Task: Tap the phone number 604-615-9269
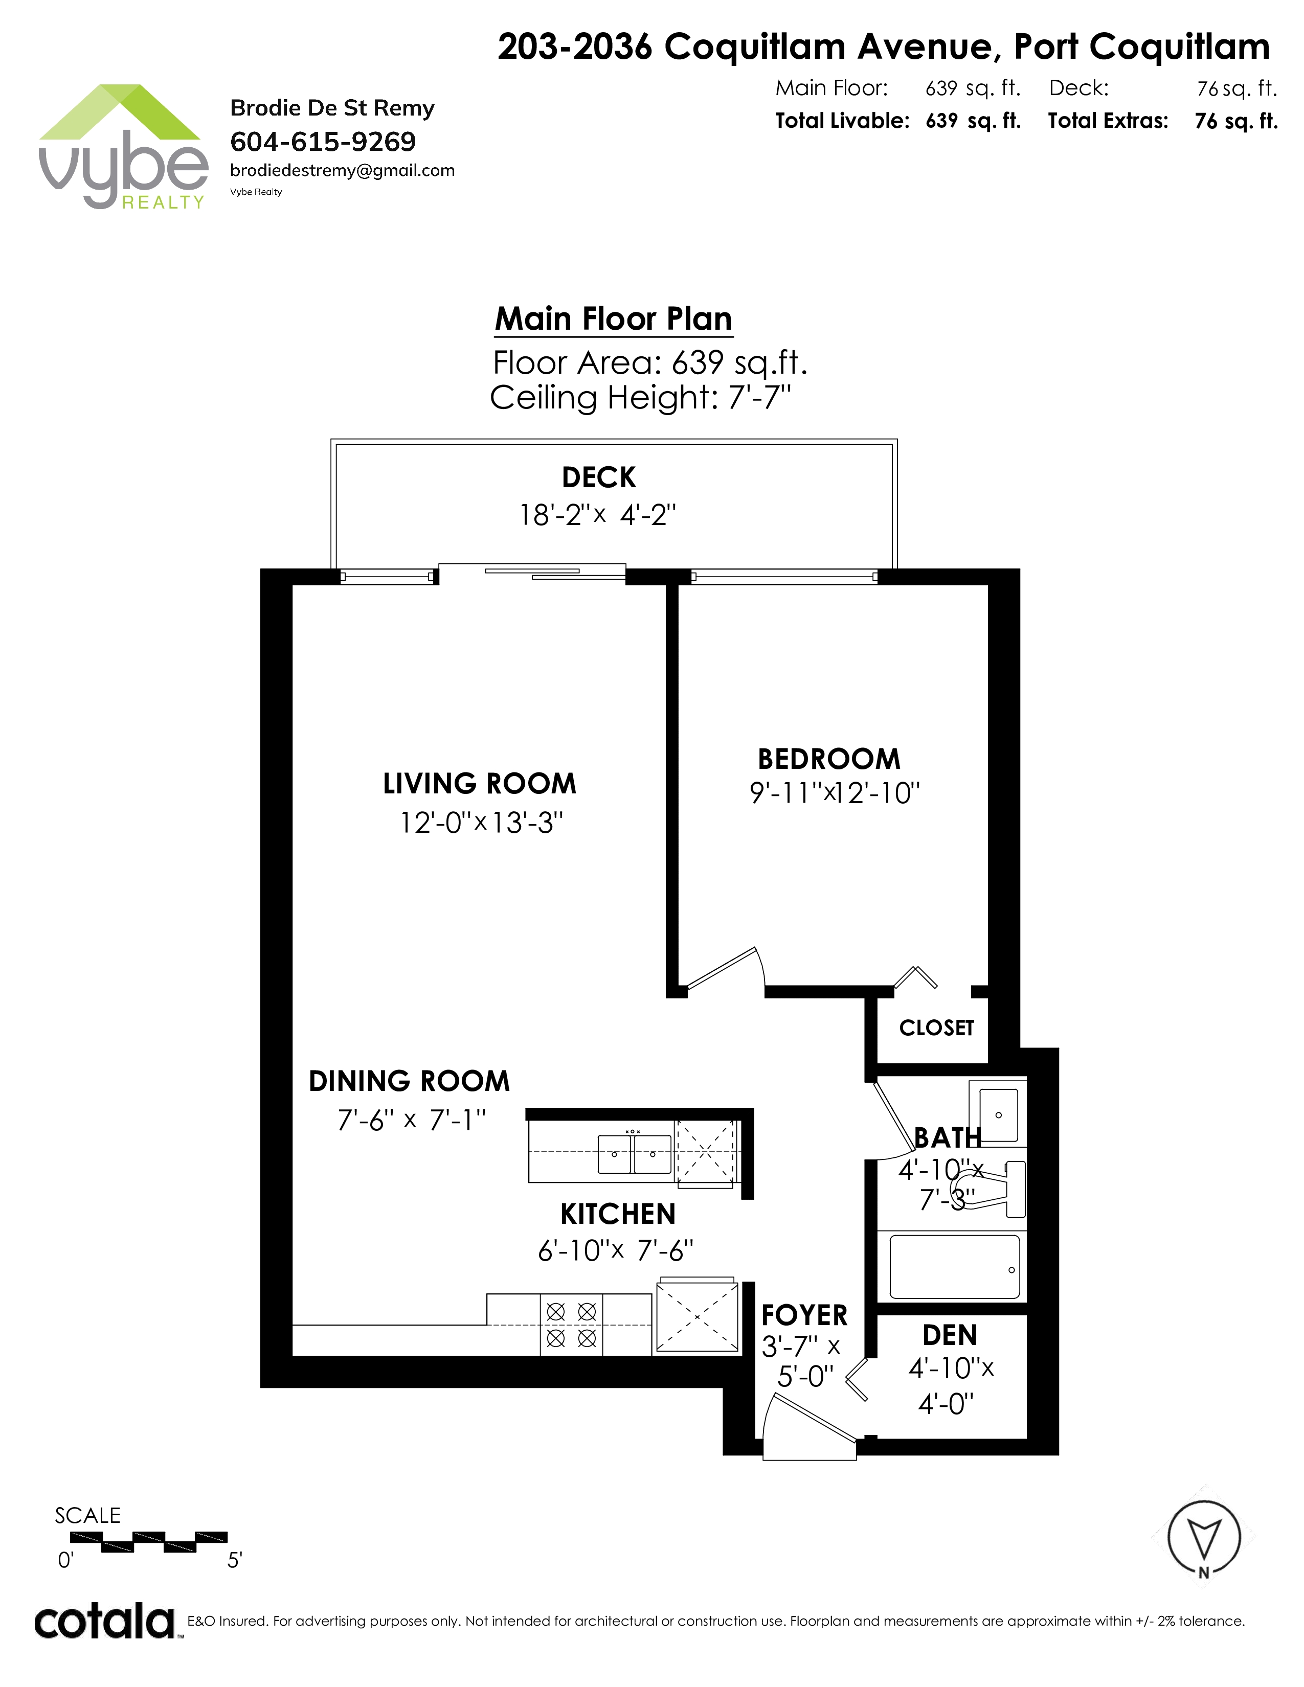tap(323, 142)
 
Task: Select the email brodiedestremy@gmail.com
tap(342, 171)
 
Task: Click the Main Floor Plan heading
tap(613, 319)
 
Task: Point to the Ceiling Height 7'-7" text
tap(640, 398)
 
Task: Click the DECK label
tap(599, 477)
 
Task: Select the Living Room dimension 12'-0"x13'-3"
tap(481, 823)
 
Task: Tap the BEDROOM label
tap(829, 759)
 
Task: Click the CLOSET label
tap(936, 1028)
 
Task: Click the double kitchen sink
tap(634, 1154)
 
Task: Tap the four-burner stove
tap(571, 1324)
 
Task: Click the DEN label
tap(950, 1335)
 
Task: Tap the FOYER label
tap(804, 1315)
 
